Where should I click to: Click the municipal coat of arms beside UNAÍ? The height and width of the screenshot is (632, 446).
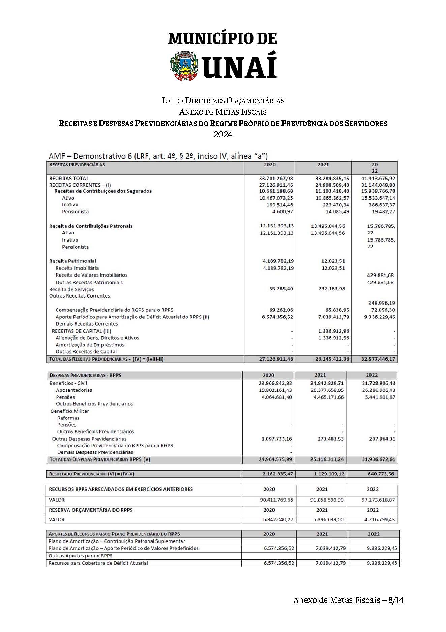[x=184, y=66]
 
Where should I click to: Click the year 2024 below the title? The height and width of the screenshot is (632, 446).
[x=223, y=134]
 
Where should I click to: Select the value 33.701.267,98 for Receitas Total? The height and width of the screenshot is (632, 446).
[x=276, y=178]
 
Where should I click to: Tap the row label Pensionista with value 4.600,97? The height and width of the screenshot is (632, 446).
[x=75, y=212]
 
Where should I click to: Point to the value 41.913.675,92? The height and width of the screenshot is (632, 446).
[x=378, y=178]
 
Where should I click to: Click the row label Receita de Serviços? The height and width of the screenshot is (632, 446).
[x=71, y=289]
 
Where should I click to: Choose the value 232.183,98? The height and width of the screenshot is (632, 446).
[x=332, y=289]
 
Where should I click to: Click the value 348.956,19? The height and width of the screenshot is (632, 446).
[x=381, y=303]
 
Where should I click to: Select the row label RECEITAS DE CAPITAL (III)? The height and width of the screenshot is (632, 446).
[x=81, y=331]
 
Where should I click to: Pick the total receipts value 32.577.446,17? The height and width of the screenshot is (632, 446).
[x=378, y=359]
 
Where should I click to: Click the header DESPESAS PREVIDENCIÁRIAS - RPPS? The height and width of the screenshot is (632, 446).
[x=85, y=375]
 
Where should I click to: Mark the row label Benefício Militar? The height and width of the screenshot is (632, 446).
[x=70, y=411]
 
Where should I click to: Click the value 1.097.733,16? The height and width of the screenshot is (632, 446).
[x=276, y=439]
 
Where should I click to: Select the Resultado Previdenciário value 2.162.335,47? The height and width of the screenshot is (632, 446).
[x=277, y=474]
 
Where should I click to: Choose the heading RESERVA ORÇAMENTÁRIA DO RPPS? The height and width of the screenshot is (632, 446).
[x=91, y=510]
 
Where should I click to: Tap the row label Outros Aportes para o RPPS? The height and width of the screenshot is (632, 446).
[x=81, y=556]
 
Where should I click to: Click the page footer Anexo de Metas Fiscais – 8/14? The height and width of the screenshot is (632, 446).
[x=348, y=600]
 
